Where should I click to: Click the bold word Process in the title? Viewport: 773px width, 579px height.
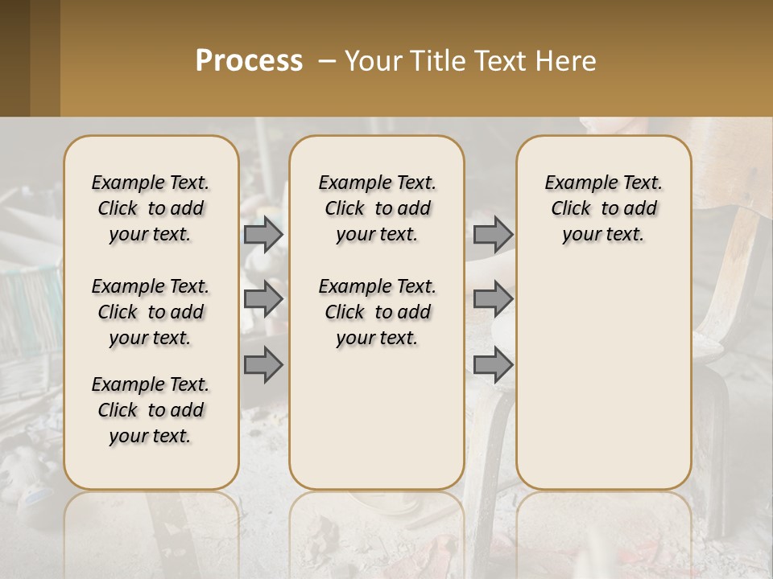(x=249, y=61)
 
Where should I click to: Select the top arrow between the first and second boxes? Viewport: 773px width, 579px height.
(x=263, y=234)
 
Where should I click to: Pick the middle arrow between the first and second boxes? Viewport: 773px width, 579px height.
(x=263, y=299)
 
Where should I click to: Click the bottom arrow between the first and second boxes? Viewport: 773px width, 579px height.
(x=263, y=365)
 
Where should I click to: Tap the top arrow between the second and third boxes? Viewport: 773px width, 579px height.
(x=493, y=234)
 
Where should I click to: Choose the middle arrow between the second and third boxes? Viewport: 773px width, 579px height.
(x=493, y=299)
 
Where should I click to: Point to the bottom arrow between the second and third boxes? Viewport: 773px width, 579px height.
(x=493, y=365)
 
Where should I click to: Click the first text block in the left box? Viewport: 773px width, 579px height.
(x=151, y=208)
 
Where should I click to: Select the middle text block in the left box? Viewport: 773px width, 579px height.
(x=151, y=312)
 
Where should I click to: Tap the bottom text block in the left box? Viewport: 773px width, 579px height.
(x=151, y=410)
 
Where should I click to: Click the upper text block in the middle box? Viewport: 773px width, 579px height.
(x=377, y=208)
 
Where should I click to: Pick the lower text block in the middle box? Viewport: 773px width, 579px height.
(x=377, y=312)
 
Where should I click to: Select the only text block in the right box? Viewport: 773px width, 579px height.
(x=603, y=208)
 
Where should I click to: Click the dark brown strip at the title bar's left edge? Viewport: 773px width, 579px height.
(x=14, y=58)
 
